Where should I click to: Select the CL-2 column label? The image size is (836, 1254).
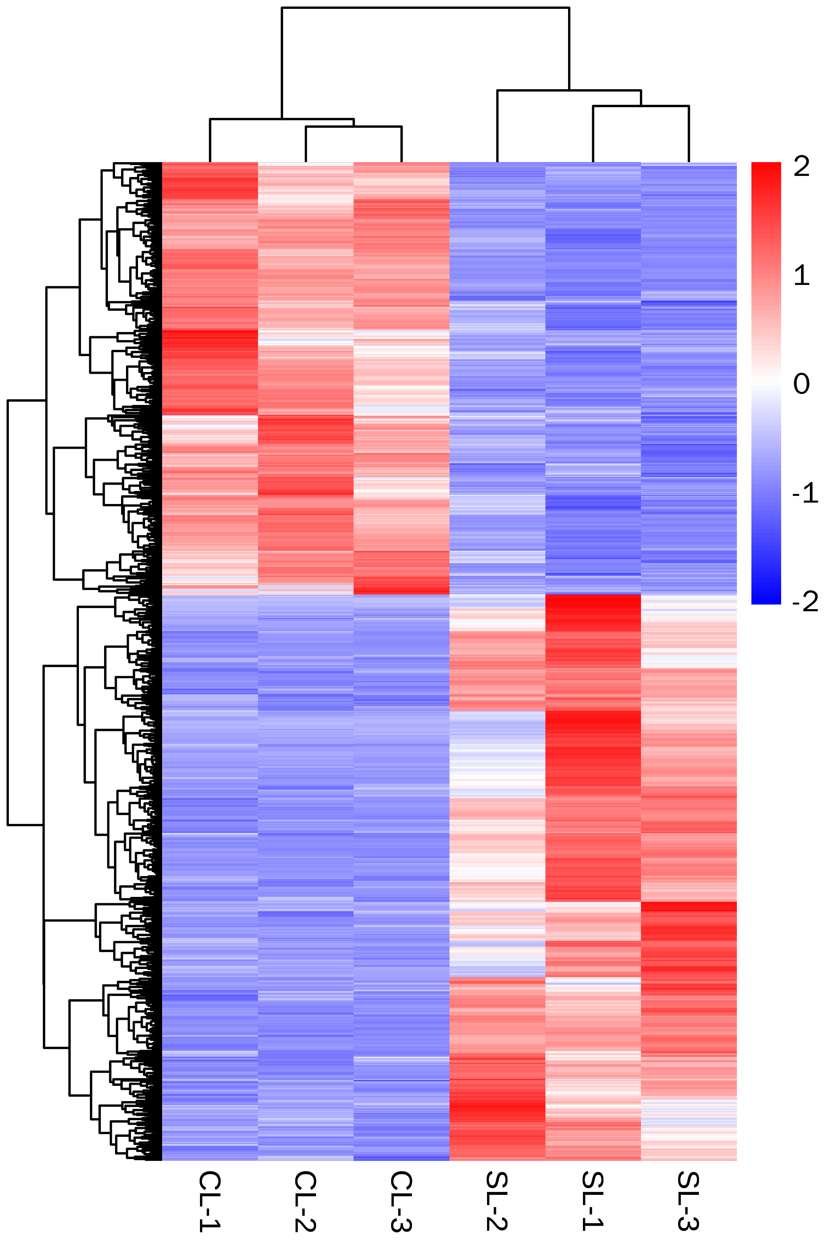(x=305, y=1201)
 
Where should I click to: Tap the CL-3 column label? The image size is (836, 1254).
(x=401, y=1201)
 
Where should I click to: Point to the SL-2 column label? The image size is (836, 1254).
(x=497, y=1201)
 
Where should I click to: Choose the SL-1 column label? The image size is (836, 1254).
(x=593, y=1201)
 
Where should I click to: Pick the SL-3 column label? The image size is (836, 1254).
(x=688, y=1201)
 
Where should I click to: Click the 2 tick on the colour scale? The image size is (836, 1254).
(x=801, y=167)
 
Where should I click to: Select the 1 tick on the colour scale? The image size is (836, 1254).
(x=801, y=276)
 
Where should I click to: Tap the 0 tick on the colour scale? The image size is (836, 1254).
(x=801, y=384)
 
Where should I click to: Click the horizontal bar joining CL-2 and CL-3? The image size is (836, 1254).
(x=354, y=127)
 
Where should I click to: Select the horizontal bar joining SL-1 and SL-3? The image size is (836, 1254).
(x=641, y=106)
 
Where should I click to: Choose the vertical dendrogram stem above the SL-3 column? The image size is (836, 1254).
(x=689, y=134)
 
